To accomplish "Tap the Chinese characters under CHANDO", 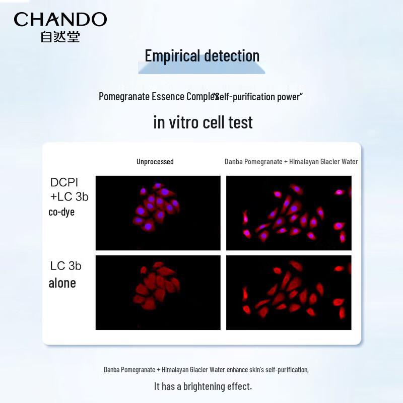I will pos(60,37).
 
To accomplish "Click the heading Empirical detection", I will pos(202,55).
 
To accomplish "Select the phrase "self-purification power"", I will pos(257,96).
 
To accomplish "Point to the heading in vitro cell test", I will pos(203,122).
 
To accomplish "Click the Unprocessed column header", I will pos(155,162).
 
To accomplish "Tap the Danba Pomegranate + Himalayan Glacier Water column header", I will pos(291,162).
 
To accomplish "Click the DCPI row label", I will pos(64,182).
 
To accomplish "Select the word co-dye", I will pos(61,212).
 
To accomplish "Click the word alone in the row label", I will pos(62,283).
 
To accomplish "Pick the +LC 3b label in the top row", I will pos(69,196).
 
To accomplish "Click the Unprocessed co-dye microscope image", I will pos(158,213).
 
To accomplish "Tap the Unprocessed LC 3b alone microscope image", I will pos(158,293).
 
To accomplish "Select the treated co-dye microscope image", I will pos(289,213).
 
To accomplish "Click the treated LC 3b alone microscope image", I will pos(289,293).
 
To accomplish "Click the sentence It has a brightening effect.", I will pos(203,386).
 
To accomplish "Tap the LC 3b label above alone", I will pos(65,266).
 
